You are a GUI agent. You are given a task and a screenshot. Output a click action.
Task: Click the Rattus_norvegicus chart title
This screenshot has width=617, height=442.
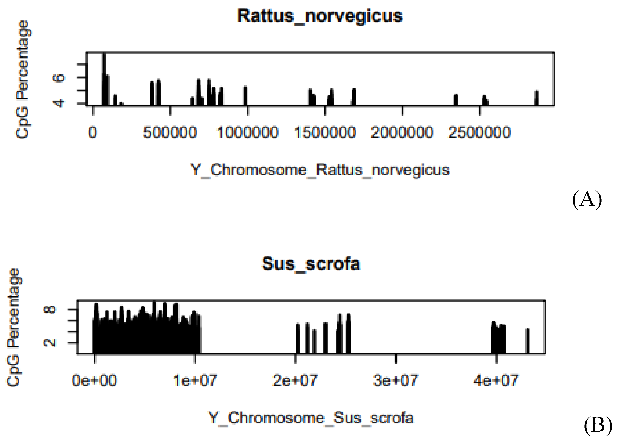tap(320, 16)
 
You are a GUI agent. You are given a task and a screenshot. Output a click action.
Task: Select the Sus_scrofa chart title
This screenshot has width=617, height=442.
tap(311, 264)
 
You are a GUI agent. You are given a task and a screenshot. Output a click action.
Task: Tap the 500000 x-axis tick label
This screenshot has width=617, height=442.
tap(170, 133)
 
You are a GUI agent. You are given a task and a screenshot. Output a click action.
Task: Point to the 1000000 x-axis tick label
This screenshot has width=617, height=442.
tap(248, 133)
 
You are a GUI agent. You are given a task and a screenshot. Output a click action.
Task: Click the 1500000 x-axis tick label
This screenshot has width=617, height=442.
tap(325, 133)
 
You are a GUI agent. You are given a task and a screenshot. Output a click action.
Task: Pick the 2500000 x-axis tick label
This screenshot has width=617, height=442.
tap(480, 133)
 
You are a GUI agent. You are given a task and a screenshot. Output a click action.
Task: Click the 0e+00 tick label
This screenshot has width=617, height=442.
tap(94, 380)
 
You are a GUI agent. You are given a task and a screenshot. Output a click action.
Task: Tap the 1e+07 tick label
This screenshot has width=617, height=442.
tap(195, 380)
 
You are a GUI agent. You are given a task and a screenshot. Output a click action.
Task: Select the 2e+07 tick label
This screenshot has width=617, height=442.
tap(295, 380)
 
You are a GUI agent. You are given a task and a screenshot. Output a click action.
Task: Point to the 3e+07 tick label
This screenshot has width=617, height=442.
tap(396, 380)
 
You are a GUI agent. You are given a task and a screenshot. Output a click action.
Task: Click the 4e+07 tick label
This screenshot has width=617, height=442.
tap(496, 380)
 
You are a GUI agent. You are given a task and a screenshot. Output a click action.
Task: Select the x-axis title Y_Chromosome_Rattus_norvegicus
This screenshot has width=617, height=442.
tap(320, 170)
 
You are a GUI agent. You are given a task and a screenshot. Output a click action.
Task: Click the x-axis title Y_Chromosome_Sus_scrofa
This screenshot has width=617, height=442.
tap(311, 418)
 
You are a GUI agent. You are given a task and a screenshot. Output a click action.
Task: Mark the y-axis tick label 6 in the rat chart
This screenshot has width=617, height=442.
tap(58, 78)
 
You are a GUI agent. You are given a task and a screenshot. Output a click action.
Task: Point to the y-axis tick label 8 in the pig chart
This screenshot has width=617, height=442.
tap(50, 309)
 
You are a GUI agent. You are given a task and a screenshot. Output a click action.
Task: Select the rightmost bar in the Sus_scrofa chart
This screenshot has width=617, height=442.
tap(527, 341)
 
